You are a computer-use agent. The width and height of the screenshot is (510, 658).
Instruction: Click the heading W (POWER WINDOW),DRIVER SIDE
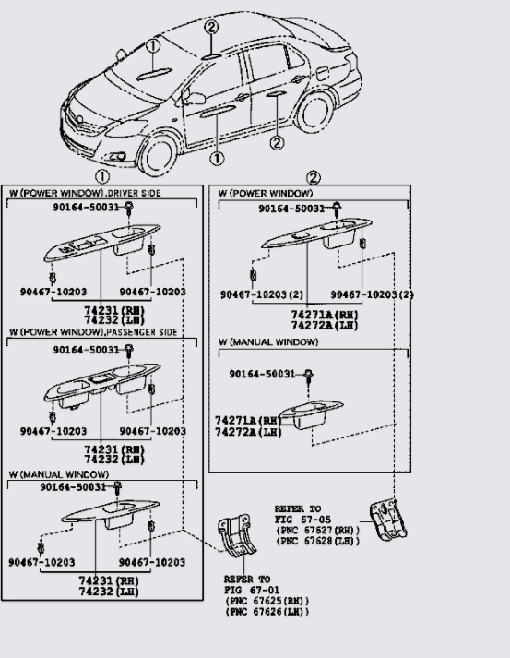click(x=85, y=193)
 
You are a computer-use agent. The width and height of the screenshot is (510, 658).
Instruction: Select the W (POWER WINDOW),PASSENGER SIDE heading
click(x=93, y=332)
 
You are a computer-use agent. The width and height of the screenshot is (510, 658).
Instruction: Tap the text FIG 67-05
click(x=302, y=520)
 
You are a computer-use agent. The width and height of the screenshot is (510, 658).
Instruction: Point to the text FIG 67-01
click(x=252, y=590)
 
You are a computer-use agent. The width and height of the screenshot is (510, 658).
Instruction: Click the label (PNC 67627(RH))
click(x=317, y=531)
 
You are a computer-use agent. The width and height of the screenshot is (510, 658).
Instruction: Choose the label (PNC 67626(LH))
click(x=267, y=612)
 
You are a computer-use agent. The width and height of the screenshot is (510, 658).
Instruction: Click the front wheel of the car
click(x=158, y=155)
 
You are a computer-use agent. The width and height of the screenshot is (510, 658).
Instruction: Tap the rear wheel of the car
click(x=314, y=113)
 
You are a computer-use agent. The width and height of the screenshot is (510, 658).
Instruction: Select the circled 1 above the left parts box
click(x=102, y=177)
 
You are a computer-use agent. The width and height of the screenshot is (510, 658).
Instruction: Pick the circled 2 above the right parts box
click(x=314, y=178)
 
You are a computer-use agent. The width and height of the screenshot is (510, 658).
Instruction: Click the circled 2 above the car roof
click(x=211, y=28)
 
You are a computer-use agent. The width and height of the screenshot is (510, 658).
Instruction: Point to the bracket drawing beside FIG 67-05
click(x=387, y=519)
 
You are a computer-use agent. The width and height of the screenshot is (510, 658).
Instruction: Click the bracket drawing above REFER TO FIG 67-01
click(x=236, y=535)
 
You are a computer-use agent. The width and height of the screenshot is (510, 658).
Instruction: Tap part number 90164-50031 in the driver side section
click(x=86, y=207)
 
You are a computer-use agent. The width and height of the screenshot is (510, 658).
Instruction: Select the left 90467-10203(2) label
click(x=262, y=294)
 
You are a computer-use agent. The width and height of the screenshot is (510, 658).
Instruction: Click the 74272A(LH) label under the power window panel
click(x=325, y=325)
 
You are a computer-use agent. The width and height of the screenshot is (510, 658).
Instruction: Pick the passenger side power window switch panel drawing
click(x=102, y=384)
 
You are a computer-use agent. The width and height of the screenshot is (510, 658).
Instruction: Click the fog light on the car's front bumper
click(x=118, y=157)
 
